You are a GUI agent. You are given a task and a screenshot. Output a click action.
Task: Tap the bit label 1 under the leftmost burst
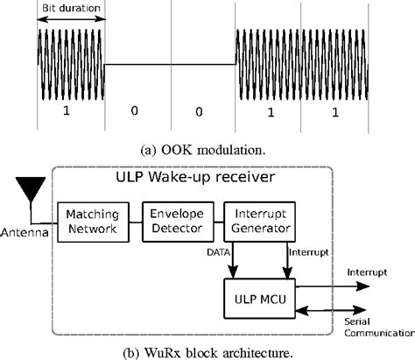click(71, 112)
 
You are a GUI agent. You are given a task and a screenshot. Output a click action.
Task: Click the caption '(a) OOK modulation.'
click(207, 150)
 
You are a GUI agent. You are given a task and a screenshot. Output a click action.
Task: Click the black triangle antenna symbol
click(31, 187)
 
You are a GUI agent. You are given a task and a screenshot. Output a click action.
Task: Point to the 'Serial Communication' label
click(375, 327)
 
